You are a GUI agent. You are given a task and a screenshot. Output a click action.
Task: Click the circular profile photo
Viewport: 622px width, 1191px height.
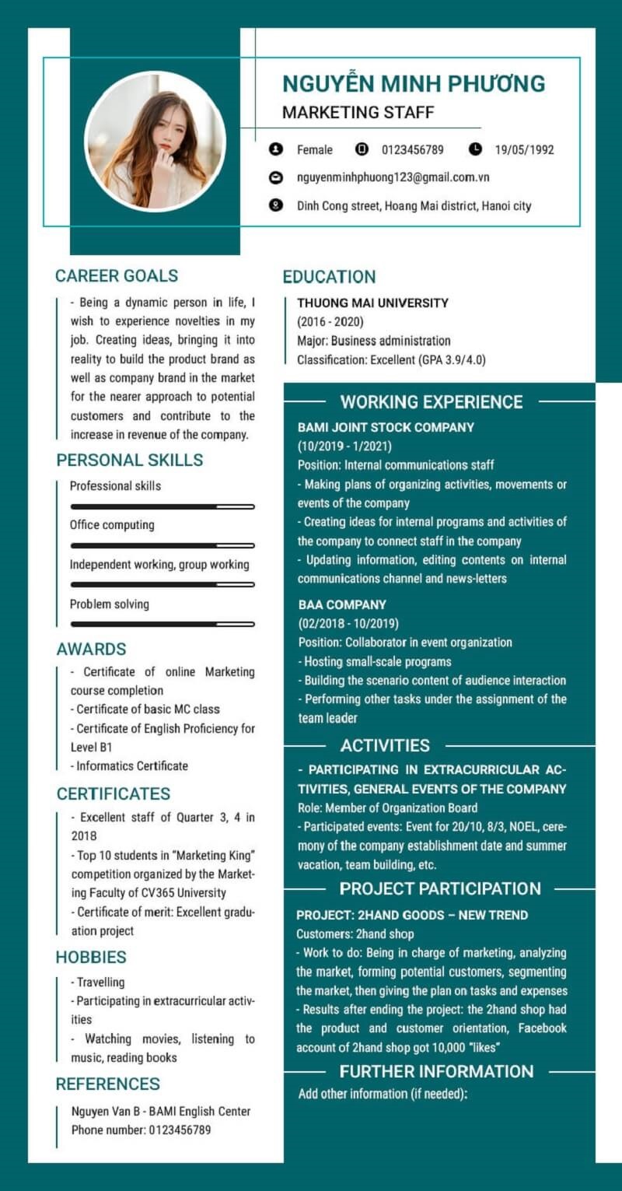pyautogui.click(x=155, y=141)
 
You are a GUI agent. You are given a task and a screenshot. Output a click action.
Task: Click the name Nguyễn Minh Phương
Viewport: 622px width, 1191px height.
pyautogui.click(x=413, y=84)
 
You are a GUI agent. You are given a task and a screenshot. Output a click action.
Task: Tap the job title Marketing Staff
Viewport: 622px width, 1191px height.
pyautogui.click(x=358, y=112)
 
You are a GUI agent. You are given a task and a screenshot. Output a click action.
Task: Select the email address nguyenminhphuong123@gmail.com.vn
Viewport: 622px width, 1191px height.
pyautogui.click(x=393, y=177)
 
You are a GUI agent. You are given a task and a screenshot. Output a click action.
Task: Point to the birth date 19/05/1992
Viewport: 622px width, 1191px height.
pyautogui.click(x=524, y=150)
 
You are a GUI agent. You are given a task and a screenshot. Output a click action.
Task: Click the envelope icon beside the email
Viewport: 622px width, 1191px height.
pyautogui.click(x=275, y=177)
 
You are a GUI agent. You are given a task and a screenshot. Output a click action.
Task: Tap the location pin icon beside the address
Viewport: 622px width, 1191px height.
pyautogui.click(x=275, y=206)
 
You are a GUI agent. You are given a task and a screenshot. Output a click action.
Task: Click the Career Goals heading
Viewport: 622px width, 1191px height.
pyautogui.click(x=117, y=275)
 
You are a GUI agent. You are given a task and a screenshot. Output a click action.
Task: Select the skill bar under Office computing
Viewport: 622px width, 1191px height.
pyautogui.click(x=162, y=545)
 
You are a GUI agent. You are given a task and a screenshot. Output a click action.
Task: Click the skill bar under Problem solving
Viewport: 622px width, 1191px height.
pyautogui.click(x=162, y=624)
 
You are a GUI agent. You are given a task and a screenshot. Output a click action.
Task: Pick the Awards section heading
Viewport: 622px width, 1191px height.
pyautogui.click(x=91, y=649)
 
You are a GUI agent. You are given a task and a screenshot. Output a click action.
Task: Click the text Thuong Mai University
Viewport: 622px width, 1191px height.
pyautogui.click(x=372, y=303)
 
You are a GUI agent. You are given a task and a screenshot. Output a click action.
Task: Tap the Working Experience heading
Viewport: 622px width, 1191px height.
pyautogui.click(x=432, y=402)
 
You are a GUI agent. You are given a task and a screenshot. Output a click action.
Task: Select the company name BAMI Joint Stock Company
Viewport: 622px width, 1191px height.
pyautogui.click(x=386, y=427)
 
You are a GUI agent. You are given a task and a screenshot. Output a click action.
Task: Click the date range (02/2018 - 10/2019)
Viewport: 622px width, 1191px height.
pyautogui.click(x=348, y=623)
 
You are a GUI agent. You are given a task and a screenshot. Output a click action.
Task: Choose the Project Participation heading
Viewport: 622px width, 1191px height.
pyautogui.click(x=440, y=888)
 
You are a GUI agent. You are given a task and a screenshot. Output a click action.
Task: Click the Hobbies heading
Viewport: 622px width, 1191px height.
pyautogui.click(x=91, y=957)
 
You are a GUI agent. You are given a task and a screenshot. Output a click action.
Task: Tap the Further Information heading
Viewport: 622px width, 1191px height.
pyautogui.click(x=436, y=1071)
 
